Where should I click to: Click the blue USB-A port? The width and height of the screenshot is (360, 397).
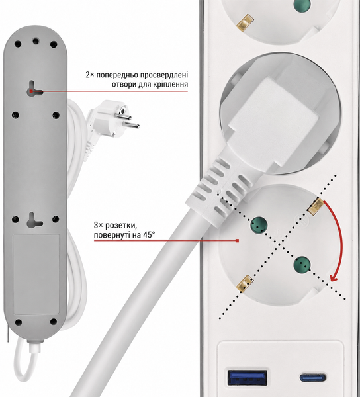[247, 378]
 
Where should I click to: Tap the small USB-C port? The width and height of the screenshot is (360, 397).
[312, 378]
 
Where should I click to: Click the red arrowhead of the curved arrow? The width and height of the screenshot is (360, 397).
[334, 278]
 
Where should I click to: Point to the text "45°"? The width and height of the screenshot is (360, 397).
[148, 235]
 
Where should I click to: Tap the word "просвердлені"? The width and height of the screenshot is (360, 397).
[164, 75]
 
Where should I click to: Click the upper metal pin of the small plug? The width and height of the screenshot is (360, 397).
[125, 116]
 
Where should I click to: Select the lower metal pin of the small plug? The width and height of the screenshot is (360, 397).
[131, 124]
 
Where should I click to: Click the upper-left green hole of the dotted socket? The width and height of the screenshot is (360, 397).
[259, 224]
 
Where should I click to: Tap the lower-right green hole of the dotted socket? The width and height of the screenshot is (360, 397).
[302, 264]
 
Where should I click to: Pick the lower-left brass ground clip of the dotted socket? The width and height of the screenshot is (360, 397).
[245, 284]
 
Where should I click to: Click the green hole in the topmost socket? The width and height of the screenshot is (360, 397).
[302, 5]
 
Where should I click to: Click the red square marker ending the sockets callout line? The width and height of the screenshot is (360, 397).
[237, 241]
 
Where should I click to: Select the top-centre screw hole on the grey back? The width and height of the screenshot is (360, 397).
[36, 41]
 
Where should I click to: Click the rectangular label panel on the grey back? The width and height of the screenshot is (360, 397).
[36, 274]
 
